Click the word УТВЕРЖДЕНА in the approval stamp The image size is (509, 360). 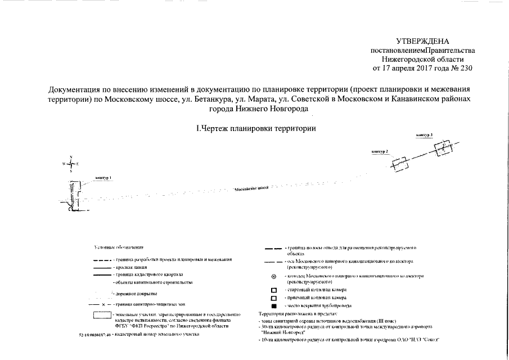point(424,41)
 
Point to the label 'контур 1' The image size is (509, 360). point(103,178)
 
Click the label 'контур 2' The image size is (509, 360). point(380,152)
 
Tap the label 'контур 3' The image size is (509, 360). point(425,136)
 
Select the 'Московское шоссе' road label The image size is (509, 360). point(251,190)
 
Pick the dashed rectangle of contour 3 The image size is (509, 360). point(443,148)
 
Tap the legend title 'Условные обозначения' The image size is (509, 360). point(119,247)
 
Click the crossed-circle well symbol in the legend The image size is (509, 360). point(274,277)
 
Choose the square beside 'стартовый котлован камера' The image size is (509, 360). point(274,290)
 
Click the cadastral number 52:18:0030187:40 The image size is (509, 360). point(93,335)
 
